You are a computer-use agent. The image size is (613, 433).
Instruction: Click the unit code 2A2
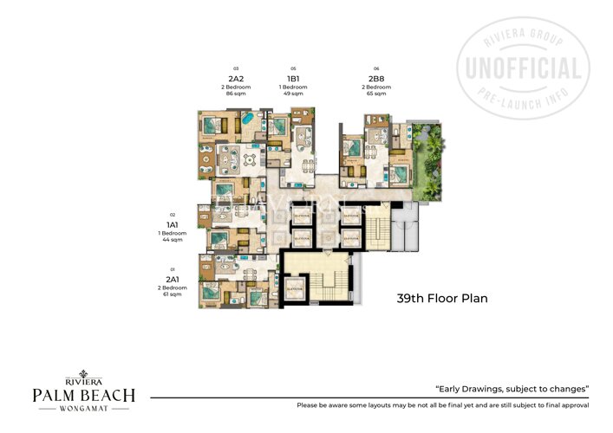pos(235,79)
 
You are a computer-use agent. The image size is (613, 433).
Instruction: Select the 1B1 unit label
pos(293,79)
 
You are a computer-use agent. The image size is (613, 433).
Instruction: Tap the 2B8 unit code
pos(375,79)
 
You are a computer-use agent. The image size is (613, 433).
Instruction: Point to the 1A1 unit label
pos(173,223)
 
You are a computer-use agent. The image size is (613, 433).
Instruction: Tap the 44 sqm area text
pos(173,239)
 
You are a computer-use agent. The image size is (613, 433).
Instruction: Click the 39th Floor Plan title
pos(442,299)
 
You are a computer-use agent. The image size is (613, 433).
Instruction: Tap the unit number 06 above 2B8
pos(375,68)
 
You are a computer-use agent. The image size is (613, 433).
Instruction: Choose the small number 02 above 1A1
pos(173,214)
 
